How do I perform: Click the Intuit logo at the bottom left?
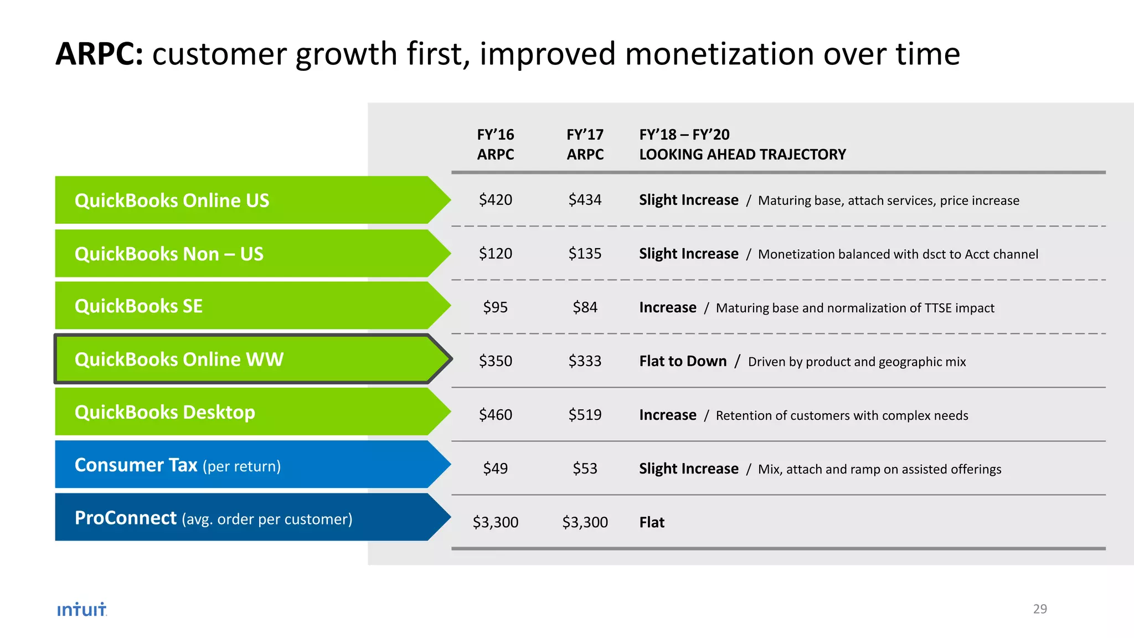82,609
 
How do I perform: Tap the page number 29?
1040,609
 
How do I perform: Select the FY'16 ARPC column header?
496,144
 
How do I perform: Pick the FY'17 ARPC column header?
585,144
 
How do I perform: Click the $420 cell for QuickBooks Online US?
496,199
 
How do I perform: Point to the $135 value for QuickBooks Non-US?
585,253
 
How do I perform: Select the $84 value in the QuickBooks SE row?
585,307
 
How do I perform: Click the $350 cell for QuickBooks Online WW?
496,361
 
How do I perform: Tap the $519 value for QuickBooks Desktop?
585,414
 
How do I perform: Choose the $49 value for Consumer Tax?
496,468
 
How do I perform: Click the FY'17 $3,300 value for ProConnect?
585,522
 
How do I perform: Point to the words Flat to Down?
683,361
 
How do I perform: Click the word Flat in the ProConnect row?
652,522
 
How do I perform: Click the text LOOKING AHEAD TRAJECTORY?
743,155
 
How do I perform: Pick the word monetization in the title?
718,54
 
